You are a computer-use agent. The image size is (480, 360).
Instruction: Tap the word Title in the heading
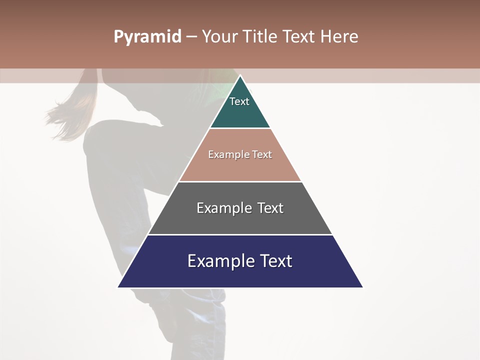pos(260,37)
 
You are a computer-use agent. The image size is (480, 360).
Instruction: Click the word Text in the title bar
pos(300,37)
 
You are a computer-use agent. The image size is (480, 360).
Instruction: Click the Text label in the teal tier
pos(239,101)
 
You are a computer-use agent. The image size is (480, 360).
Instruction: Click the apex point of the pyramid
pos(240,76)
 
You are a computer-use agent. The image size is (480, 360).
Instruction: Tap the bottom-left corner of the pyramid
pos(118,287)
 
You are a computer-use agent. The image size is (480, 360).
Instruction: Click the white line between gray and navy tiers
pos(240,234)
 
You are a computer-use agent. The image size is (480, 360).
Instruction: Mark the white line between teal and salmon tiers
pos(240,128)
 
